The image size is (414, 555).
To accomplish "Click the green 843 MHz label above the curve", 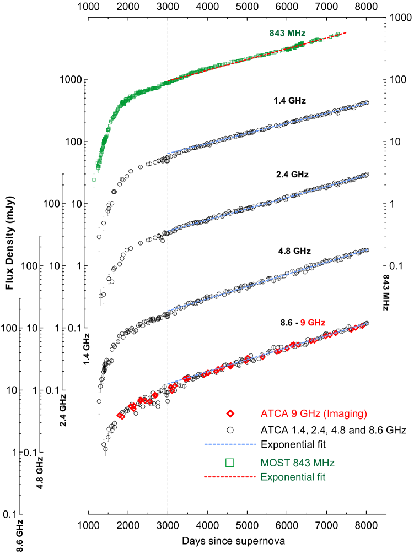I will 287,33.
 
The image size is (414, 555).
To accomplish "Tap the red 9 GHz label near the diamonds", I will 313,323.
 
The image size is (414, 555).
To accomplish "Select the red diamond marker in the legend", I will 230,413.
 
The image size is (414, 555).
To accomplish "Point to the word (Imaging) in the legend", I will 345,413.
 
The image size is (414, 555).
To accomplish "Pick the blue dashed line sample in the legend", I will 230,444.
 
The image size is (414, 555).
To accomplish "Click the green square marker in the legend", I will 230,463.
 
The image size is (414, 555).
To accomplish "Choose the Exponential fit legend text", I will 293,477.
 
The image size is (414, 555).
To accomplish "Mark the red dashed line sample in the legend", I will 230,477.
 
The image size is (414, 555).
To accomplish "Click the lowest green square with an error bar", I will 94,179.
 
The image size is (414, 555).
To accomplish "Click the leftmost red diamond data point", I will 121,416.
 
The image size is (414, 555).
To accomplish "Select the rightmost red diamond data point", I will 362,326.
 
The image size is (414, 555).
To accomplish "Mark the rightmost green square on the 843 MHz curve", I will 337,35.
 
